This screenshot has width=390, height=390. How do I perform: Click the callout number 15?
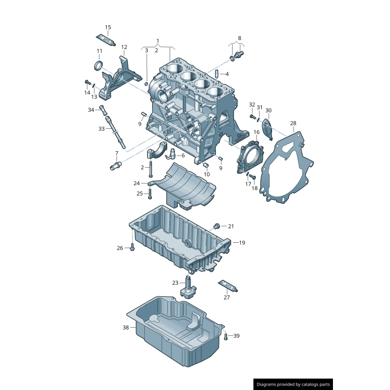108,27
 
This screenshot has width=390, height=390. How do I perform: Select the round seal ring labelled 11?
98,65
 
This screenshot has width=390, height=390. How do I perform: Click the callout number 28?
293,123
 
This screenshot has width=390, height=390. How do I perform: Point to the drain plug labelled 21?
216,226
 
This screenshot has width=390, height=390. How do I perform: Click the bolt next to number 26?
132,248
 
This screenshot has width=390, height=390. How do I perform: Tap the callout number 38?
126,328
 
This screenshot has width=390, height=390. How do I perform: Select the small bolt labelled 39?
226,336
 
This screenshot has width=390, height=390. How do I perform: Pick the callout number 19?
242,242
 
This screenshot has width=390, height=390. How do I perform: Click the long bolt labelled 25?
150,194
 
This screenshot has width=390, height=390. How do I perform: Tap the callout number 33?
101,129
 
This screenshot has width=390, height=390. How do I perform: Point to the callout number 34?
91,110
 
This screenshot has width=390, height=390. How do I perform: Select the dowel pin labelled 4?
216,74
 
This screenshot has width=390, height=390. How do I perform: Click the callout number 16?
256,132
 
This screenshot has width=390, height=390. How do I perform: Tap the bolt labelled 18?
253,176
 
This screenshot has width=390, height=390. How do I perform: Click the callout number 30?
269,110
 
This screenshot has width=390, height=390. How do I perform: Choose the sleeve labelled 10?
206,165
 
